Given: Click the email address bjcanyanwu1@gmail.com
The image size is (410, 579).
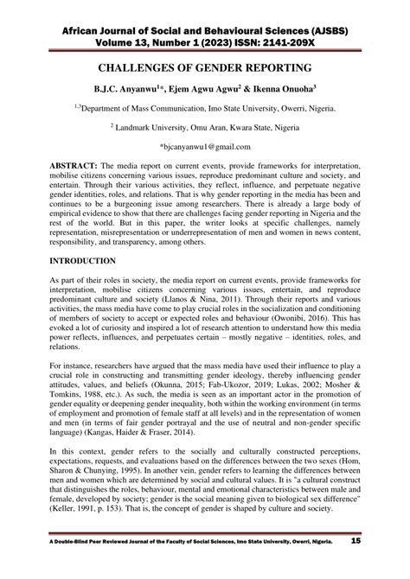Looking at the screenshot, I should pos(208,147).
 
